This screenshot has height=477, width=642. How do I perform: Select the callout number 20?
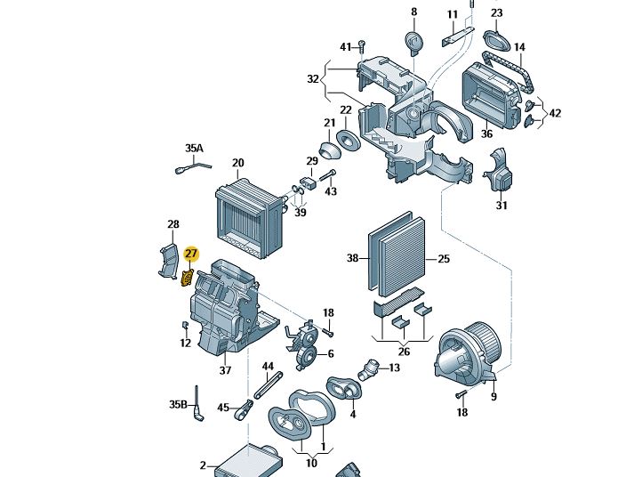click(x=237, y=163)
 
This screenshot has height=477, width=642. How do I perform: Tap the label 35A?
click(x=194, y=148)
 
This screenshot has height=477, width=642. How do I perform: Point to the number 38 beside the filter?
click(x=352, y=258)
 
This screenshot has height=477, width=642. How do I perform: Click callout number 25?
click(x=445, y=259)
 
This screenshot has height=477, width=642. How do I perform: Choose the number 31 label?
click(x=502, y=206)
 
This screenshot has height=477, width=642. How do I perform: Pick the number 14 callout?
click(x=519, y=47)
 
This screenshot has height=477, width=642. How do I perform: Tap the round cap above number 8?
click(x=413, y=42)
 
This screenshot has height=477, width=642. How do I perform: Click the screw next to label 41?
click(x=363, y=46)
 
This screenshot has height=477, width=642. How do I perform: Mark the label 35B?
click(x=179, y=405)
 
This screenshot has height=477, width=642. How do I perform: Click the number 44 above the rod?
click(x=268, y=367)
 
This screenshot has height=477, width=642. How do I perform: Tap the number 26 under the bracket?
click(x=404, y=352)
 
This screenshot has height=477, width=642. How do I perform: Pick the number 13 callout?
click(x=394, y=368)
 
